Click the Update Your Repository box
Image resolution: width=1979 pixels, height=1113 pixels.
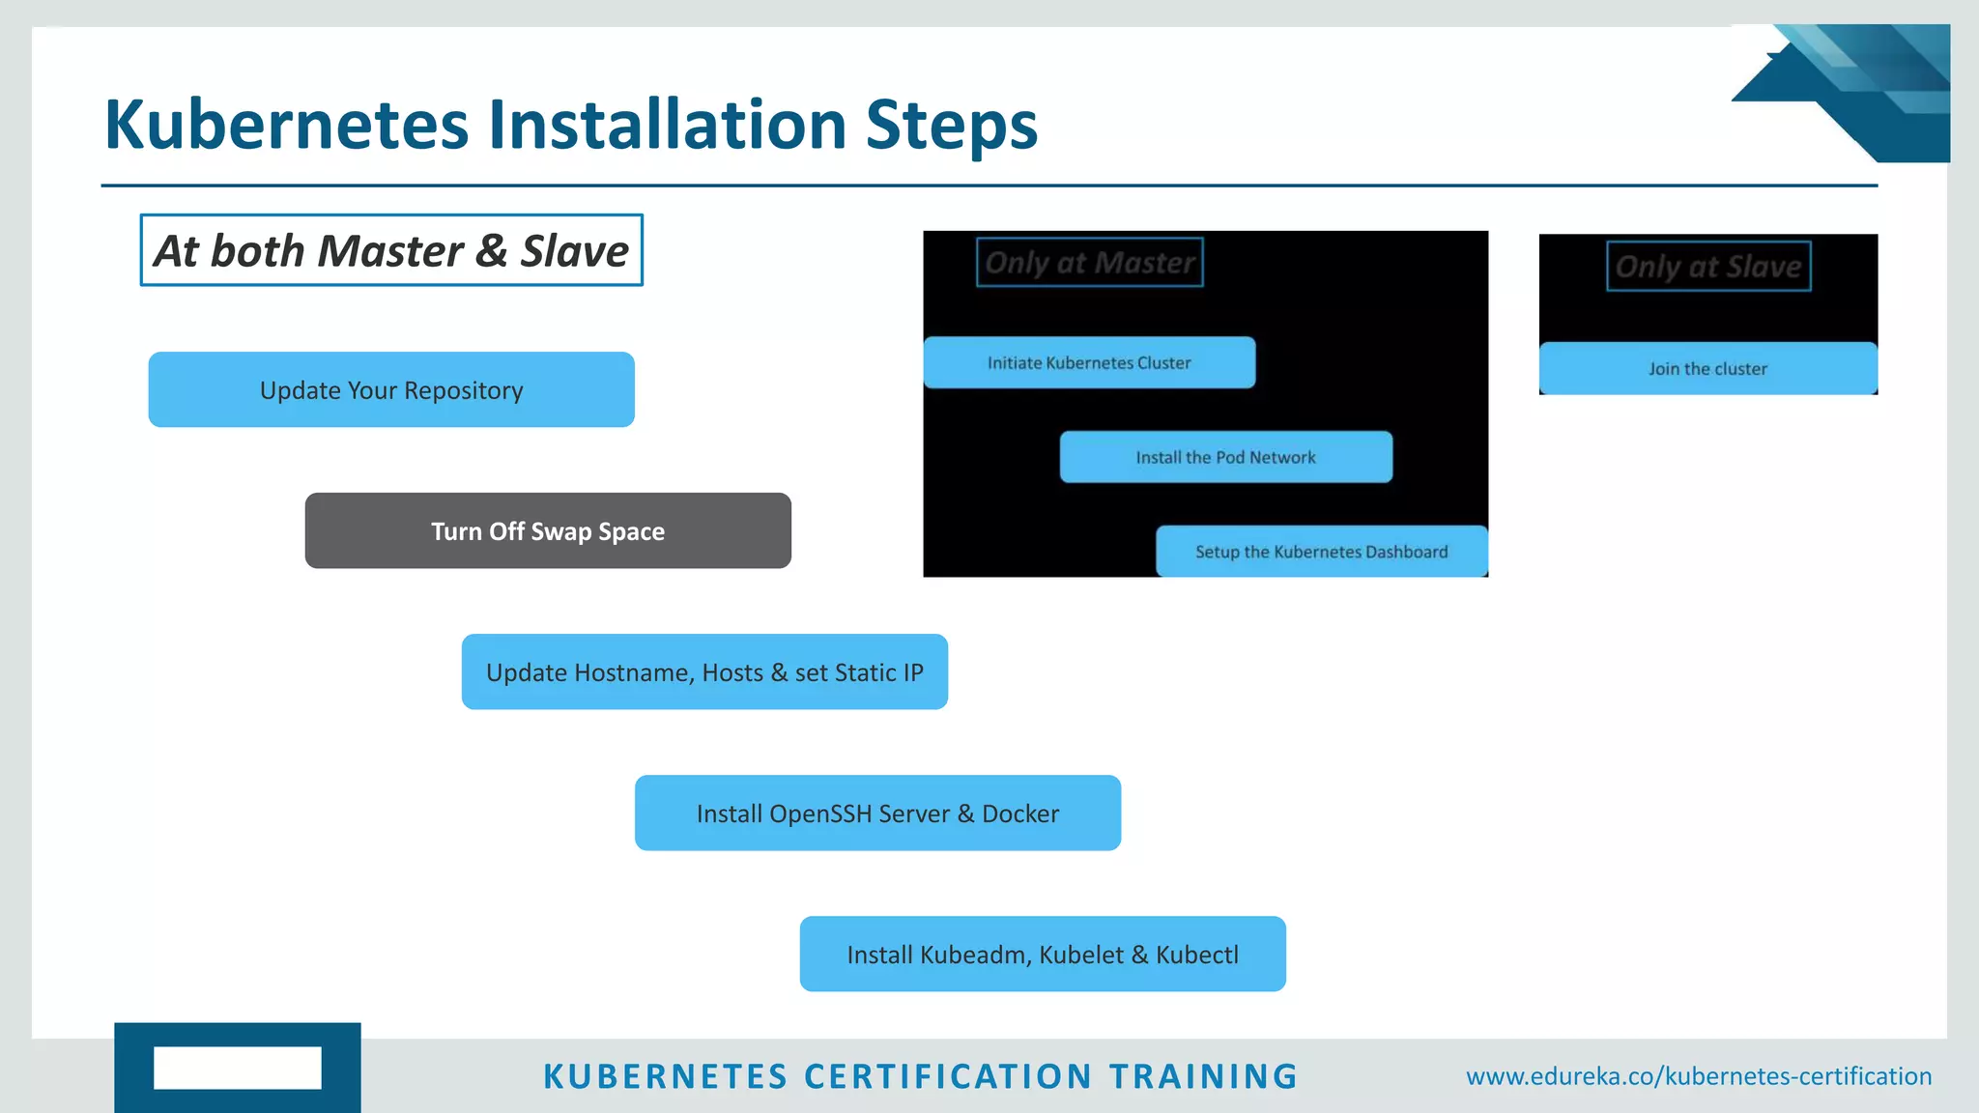click(391, 389)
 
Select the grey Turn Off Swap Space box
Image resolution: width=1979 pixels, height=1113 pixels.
click(548, 530)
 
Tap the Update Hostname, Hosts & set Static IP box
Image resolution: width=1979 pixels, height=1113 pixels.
click(704, 671)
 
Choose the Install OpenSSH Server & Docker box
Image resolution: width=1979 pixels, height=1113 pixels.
click(877, 813)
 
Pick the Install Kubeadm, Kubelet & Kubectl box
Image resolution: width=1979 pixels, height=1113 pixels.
click(1043, 954)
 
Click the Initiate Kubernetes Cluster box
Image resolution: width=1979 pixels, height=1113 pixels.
click(1089, 362)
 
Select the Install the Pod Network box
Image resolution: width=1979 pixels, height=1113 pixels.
click(1225, 457)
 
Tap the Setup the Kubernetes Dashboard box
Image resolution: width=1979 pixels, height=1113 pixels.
click(1321, 552)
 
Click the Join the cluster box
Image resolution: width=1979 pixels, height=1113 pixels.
click(1707, 368)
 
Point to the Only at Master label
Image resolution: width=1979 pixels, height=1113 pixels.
click(1089, 262)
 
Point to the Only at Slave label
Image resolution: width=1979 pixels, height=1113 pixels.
click(1708, 266)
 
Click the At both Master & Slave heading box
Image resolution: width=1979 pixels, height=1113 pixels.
click(391, 250)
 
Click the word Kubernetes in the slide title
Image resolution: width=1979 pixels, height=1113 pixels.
click(286, 126)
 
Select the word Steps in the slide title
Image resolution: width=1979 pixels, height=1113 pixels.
click(951, 126)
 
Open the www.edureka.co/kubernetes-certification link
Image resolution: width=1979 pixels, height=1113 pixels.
click(1698, 1075)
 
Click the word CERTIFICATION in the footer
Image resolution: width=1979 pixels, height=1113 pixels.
click(948, 1076)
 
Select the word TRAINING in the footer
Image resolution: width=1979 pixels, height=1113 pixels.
click(1203, 1076)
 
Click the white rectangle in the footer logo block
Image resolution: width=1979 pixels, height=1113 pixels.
click(237, 1068)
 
